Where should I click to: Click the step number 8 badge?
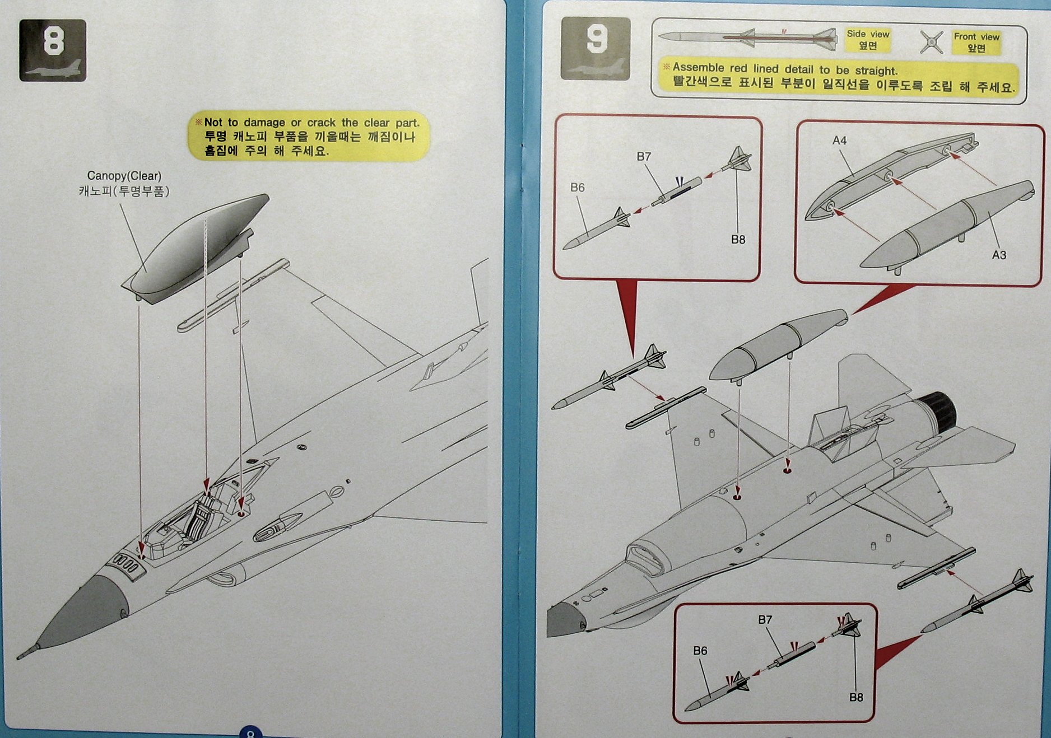(x=53, y=50)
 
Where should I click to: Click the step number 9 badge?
(x=596, y=48)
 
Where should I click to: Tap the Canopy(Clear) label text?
(x=124, y=176)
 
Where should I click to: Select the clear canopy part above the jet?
(x=196, y=246)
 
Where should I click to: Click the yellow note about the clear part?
(x=309, y=136)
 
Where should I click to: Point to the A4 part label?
(x=839, y=141)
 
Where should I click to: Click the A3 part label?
(x=999, y=255)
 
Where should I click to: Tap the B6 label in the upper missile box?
(x=577, y=188)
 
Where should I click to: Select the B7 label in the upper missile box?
(x=644, y=157)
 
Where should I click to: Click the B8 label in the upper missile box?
(x=738, y=240)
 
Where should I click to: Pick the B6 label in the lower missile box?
(x=700, y=651)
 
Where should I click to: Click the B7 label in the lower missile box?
(x=765, y=620)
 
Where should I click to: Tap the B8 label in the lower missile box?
(x=855, y=698)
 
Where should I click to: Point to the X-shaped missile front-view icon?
(x=931, y=42)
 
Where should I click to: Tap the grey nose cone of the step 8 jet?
(x=84, y=613)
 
